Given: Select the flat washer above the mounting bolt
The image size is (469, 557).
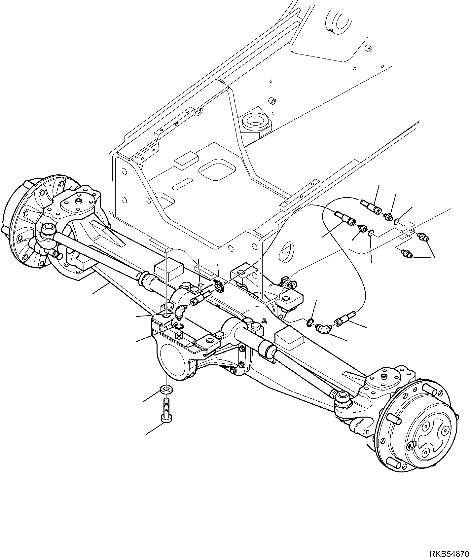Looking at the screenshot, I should pos(166,389).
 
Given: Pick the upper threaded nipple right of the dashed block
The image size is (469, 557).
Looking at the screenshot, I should pos(422,236).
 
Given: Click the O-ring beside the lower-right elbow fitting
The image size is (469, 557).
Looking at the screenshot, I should pos(310,322).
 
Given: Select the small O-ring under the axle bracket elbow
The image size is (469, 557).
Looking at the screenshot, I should pos(179,326).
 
